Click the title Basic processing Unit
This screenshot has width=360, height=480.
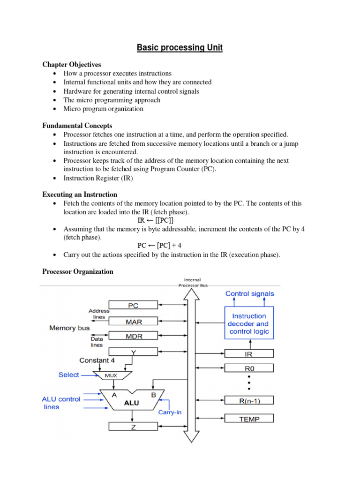(x=180, y=47)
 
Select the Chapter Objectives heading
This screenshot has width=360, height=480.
(x=71, y=65)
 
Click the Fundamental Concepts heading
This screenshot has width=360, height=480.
(x=77, y=126)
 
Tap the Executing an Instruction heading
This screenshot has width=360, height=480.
(x=80, y=194)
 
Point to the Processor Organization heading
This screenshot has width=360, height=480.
(x=78, y=271)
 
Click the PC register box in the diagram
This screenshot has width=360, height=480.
(x=133, y=305)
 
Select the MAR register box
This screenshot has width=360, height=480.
(x=133, y=322)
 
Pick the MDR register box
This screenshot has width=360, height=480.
(x=133, y=336)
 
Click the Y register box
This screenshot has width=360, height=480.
(x=133, y=351)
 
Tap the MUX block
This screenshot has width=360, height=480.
(x=111, y=375)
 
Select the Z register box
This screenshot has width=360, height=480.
(x=133, y=426)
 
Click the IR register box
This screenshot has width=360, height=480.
(x=249, y=352)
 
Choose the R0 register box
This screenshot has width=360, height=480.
(x=249, y=368)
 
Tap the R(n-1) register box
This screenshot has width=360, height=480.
(x=249, y=400)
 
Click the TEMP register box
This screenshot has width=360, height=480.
(x=249, y=419)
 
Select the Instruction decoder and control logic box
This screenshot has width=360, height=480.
(x=248, y=323)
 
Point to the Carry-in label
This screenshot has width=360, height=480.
(x=170, y=412)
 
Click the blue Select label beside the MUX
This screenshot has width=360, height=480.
(x=69, y=375)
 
